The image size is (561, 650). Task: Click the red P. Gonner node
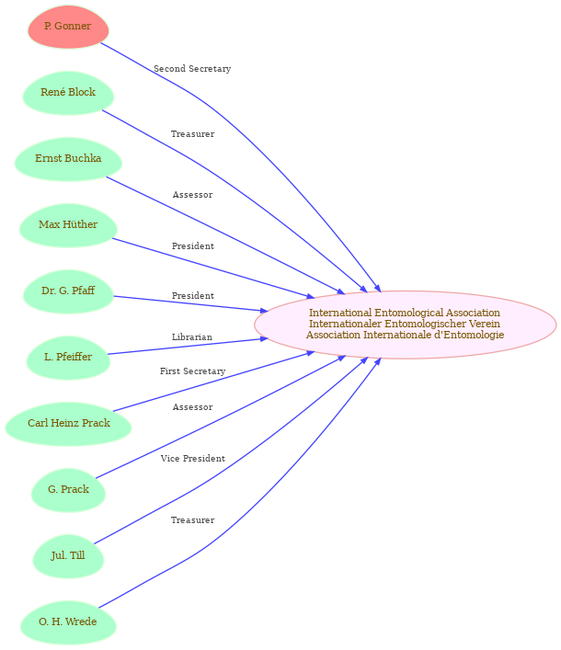click(68, 27)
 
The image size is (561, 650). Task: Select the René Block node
click(68, 93)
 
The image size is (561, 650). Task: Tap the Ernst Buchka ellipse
click(68, 159)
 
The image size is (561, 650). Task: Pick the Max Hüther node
click(68, 225)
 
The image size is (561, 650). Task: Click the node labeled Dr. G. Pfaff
click(68, 291)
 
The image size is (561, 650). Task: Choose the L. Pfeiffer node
click(68, 358)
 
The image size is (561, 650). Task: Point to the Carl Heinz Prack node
click(68, 424)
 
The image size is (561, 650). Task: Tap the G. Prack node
click(68, 490)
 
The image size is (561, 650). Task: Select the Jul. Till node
click(68, 556)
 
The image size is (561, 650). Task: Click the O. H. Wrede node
click(68, 622)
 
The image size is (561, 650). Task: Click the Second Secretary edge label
click(192, 69)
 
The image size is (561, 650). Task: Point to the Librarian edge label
click(192, 337)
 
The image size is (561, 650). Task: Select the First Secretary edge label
click(193, 371)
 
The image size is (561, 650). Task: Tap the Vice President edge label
click(193, 459)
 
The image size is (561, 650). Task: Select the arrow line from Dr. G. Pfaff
click(190, 303)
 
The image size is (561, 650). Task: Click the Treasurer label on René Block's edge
click(193, 134)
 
